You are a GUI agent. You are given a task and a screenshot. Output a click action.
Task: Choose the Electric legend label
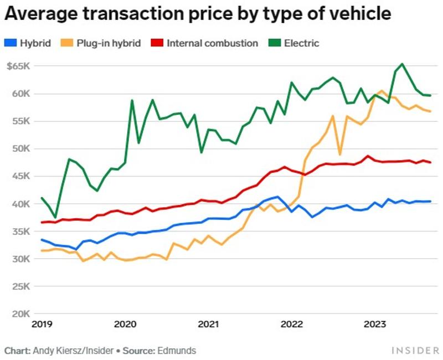click(x=301, y=43)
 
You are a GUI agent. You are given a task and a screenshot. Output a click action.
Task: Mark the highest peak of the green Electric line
click(x=402, y=64)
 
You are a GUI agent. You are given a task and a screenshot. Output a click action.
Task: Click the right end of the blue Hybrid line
click(x=430, y=202)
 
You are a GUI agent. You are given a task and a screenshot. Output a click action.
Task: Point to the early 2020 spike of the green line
click(x=132, y=101)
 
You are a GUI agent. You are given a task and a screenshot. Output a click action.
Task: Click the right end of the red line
click(x=430, y=162)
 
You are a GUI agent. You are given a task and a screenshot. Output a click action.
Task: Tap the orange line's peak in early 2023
click(x=382, y=91)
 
